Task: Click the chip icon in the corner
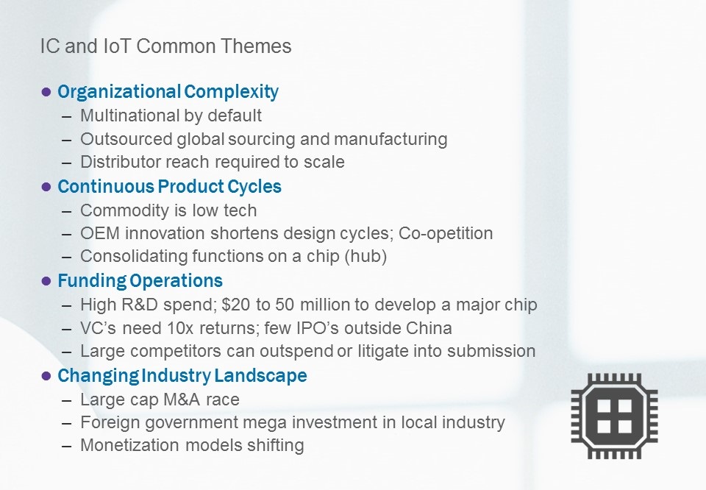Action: coord(614,416)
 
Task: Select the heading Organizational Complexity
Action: coord(168,92)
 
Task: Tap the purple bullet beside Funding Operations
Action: coord(46,282)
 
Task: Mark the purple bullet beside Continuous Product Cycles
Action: coord(46,187)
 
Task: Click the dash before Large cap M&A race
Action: coord(67,400)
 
